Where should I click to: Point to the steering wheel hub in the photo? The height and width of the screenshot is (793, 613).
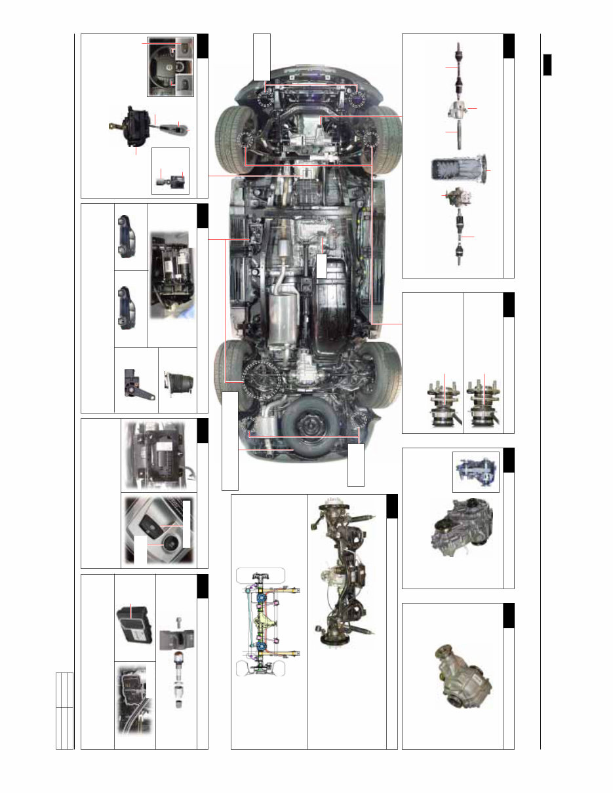[169, 67]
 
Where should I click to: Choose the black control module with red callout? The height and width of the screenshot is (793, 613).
[135, 619]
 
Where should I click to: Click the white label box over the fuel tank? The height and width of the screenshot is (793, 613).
[321, 265]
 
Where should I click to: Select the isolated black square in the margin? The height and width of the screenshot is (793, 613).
[547, 66]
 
